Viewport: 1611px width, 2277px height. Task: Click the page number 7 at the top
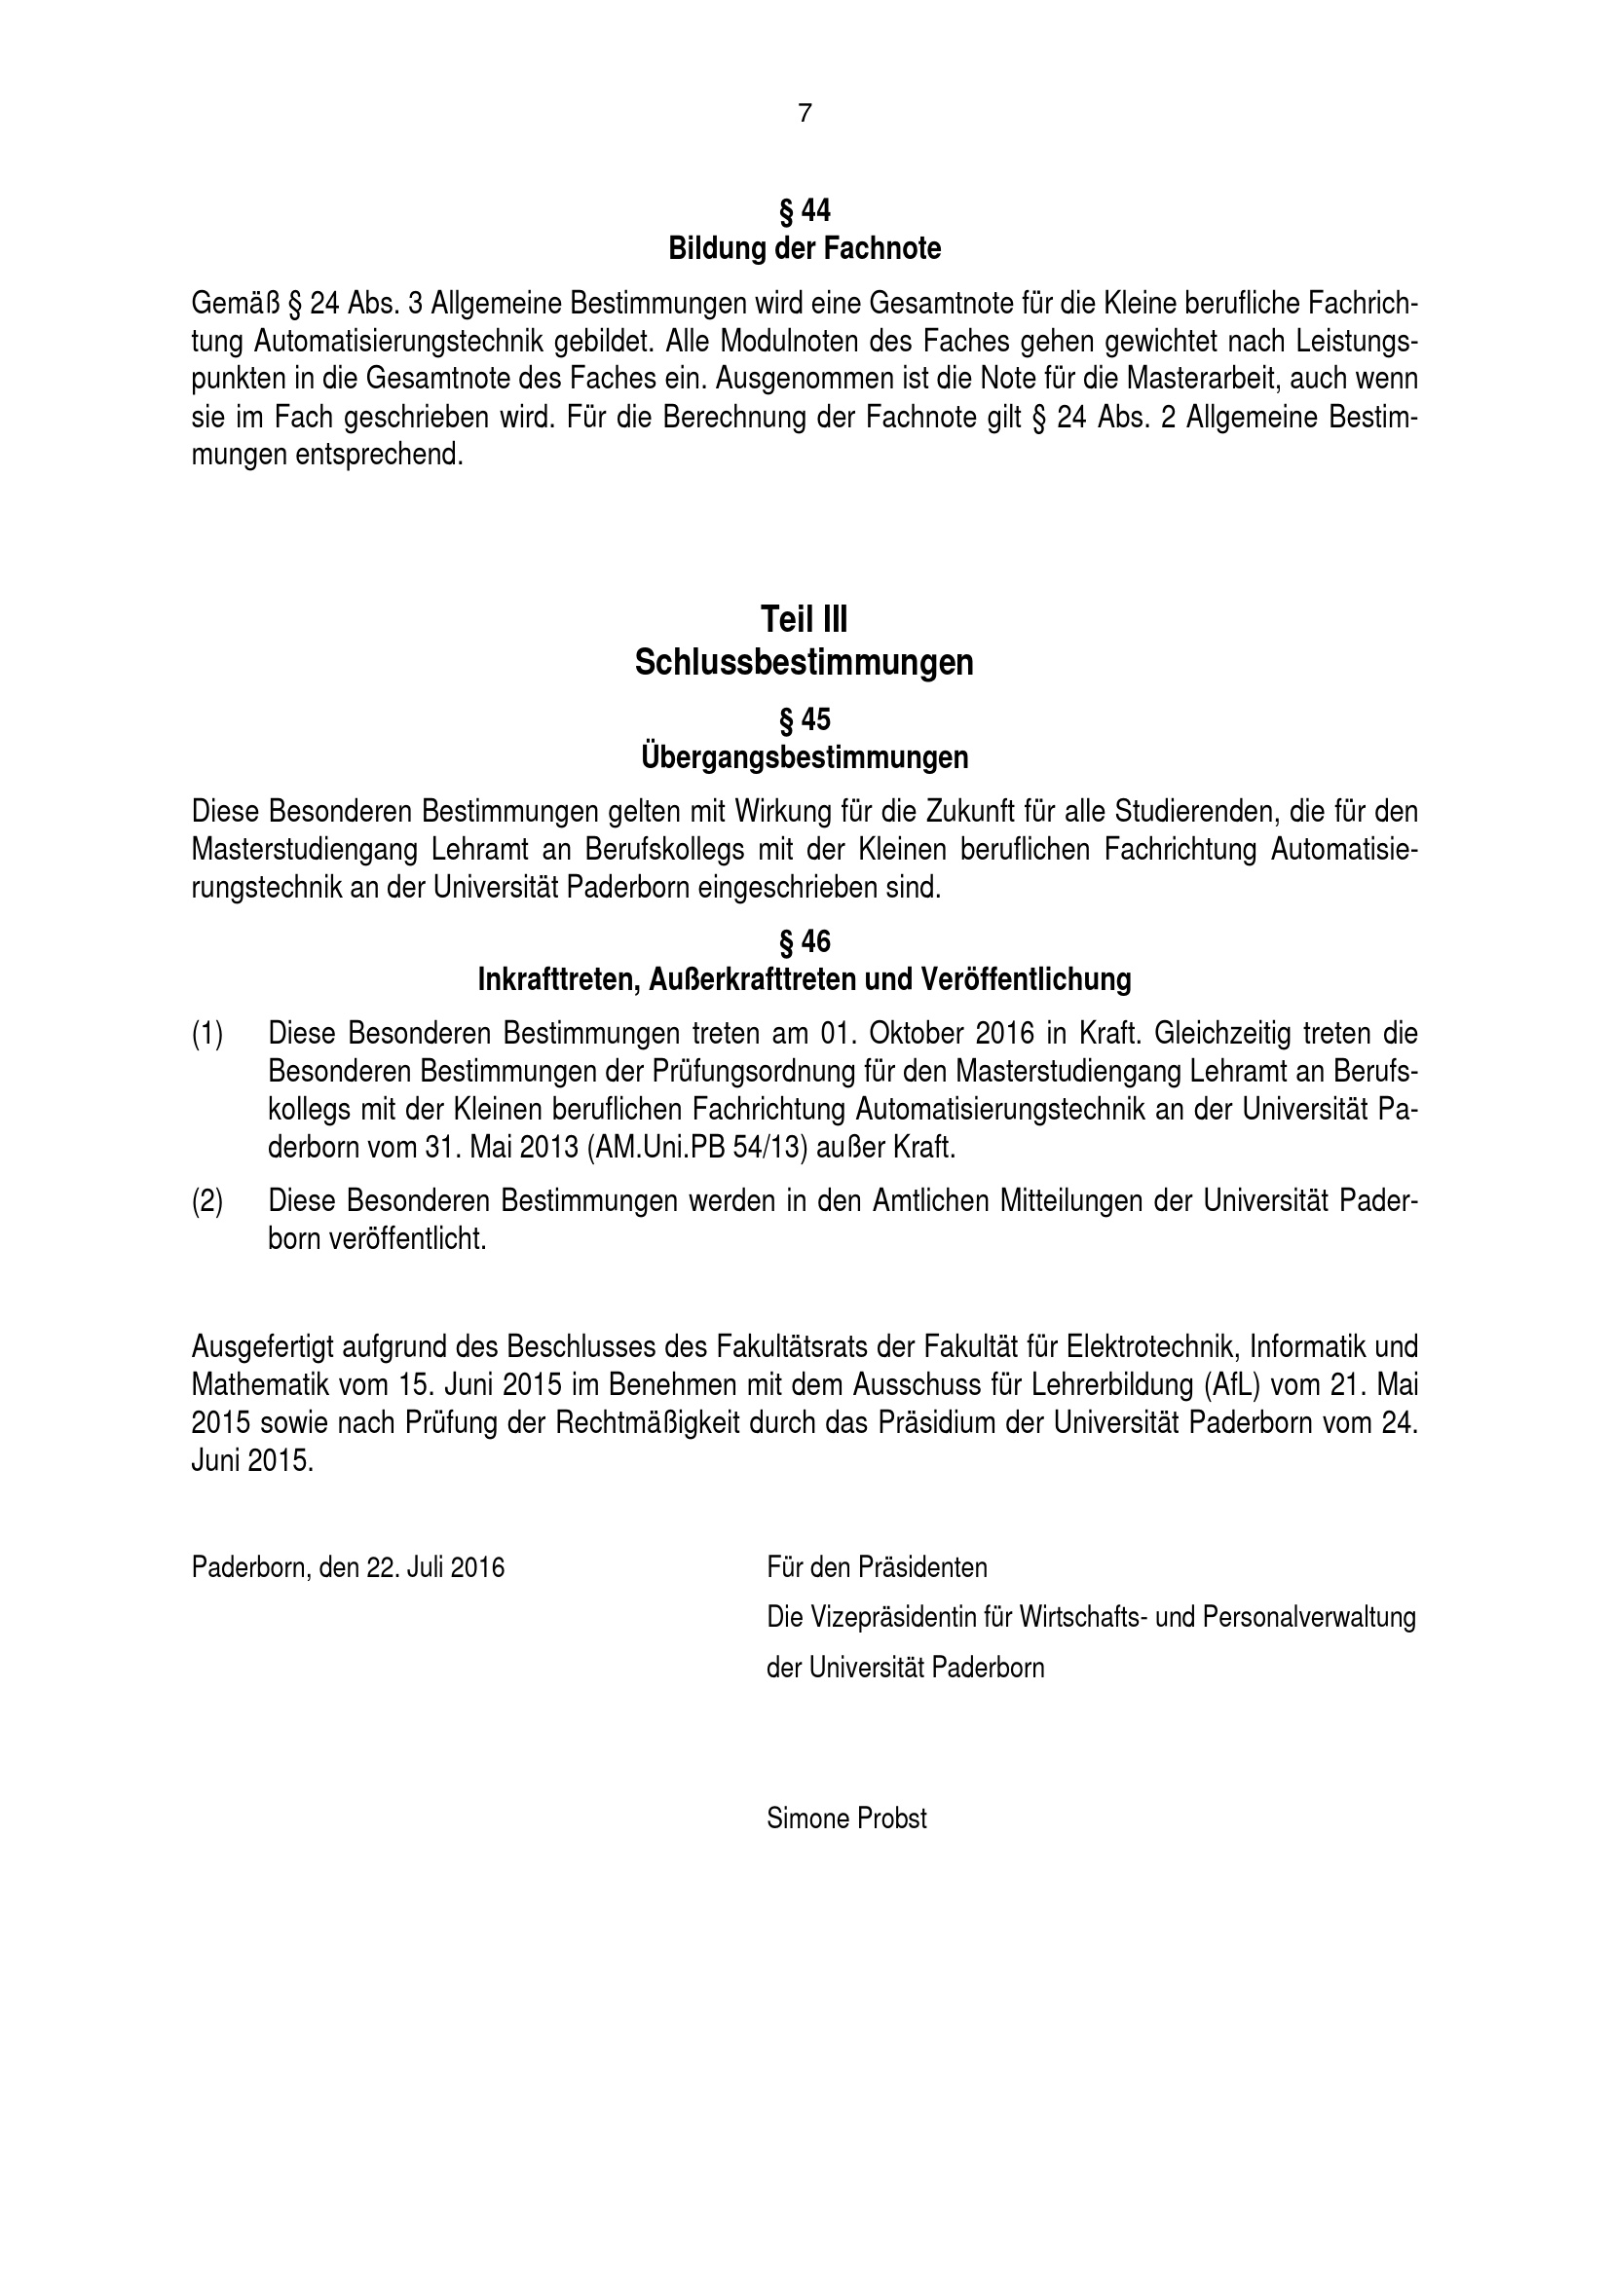pos(805,114)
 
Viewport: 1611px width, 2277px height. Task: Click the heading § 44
pos(805,210)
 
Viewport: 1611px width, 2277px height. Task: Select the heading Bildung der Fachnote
pos(805,248)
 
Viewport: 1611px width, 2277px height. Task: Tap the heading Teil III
pos(805,620)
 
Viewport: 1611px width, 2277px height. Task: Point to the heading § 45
pos(805,719)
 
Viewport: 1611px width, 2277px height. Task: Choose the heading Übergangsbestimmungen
pos(805,757)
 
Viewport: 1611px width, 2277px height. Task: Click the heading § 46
pos(805,941)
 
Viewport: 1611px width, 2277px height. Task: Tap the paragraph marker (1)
pos(207,1034)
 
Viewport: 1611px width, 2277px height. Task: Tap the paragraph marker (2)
pos(207,1201)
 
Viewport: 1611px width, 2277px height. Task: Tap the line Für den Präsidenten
pos(877,1568)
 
